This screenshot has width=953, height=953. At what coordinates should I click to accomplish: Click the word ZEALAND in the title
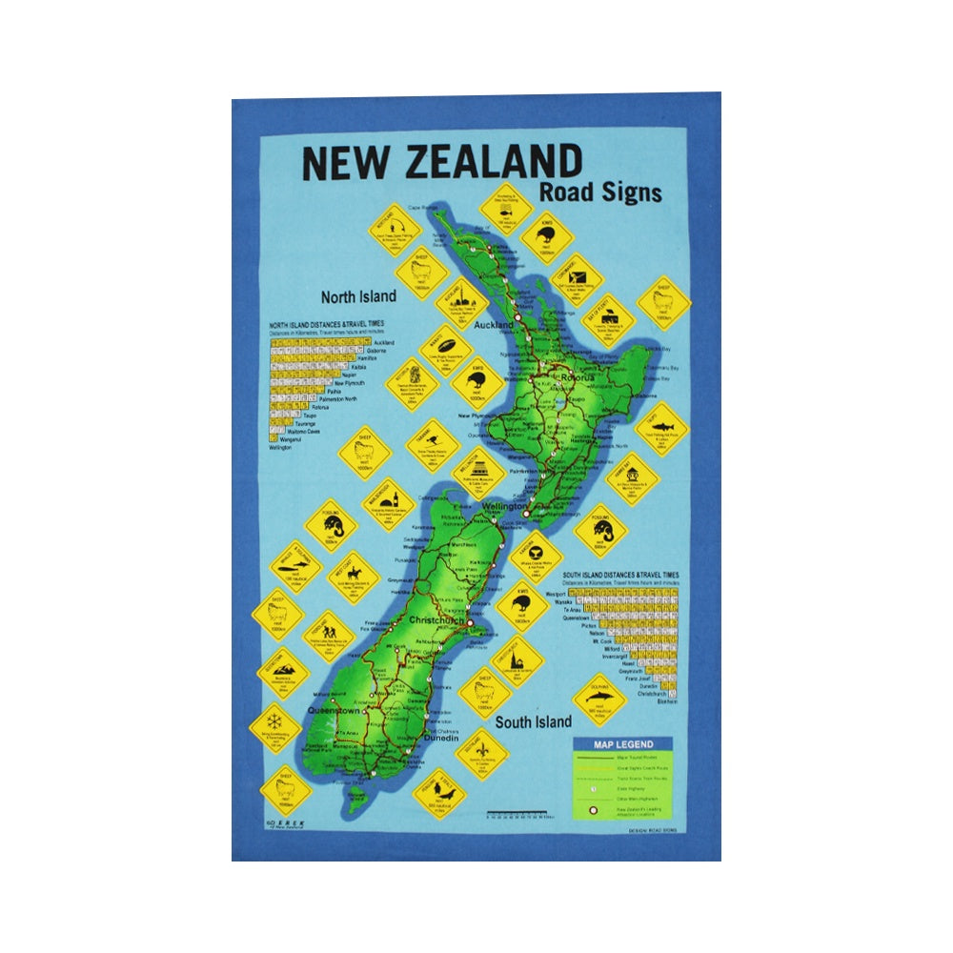(493, 163)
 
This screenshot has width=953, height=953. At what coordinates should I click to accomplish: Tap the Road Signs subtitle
(599, 193)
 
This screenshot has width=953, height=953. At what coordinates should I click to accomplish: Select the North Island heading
(357, 296)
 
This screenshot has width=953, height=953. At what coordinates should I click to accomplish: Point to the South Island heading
(533, 721)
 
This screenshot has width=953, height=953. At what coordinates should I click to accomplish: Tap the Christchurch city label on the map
(434, 620)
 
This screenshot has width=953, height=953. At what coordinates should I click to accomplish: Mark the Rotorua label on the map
(576, 377)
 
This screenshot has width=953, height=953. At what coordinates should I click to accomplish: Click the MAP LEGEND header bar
(623, 743)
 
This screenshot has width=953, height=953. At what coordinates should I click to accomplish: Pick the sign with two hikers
(329, 632)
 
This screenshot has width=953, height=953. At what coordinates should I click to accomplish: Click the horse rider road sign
(354, 576)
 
